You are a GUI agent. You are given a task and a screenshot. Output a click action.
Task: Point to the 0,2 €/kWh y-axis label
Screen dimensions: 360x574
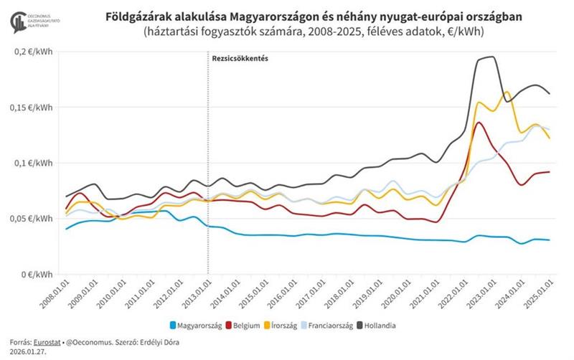[32, 52]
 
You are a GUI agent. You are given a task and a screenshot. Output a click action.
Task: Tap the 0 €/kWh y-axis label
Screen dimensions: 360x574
[36, 275]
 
